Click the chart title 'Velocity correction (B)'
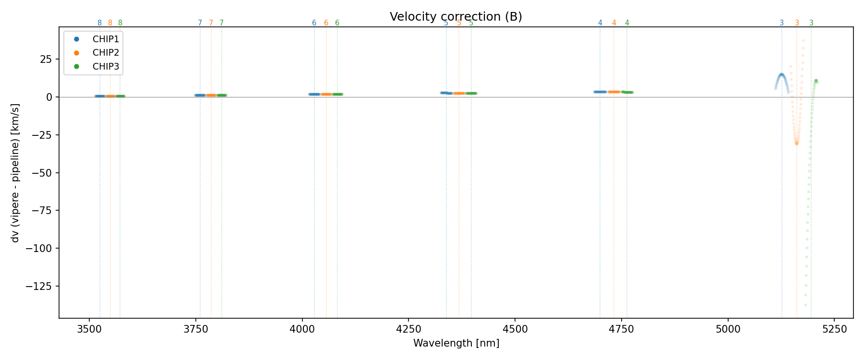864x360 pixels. click(x=456, y=17)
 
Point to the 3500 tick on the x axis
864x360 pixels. click(x=89, y=329)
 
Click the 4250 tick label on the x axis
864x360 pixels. click(x=408, y=329)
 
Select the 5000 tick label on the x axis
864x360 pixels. click(x=728, y=329)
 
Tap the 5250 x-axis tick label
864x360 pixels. click(x=834, y=329)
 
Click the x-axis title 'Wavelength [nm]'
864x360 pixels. click(x=456, y=343)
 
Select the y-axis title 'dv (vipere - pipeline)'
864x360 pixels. click(x=15, y=173)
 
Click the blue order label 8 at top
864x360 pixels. click(x=99, y=23)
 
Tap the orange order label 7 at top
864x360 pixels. click(x=211, y=23)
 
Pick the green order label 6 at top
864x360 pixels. click(x=337, y=23)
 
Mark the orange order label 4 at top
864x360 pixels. click(x=614, y=23)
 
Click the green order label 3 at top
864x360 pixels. click(x=811, y=23)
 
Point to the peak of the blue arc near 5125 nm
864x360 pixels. click(x=781, y=74)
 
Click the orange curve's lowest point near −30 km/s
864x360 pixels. click(x=797, y=144)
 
